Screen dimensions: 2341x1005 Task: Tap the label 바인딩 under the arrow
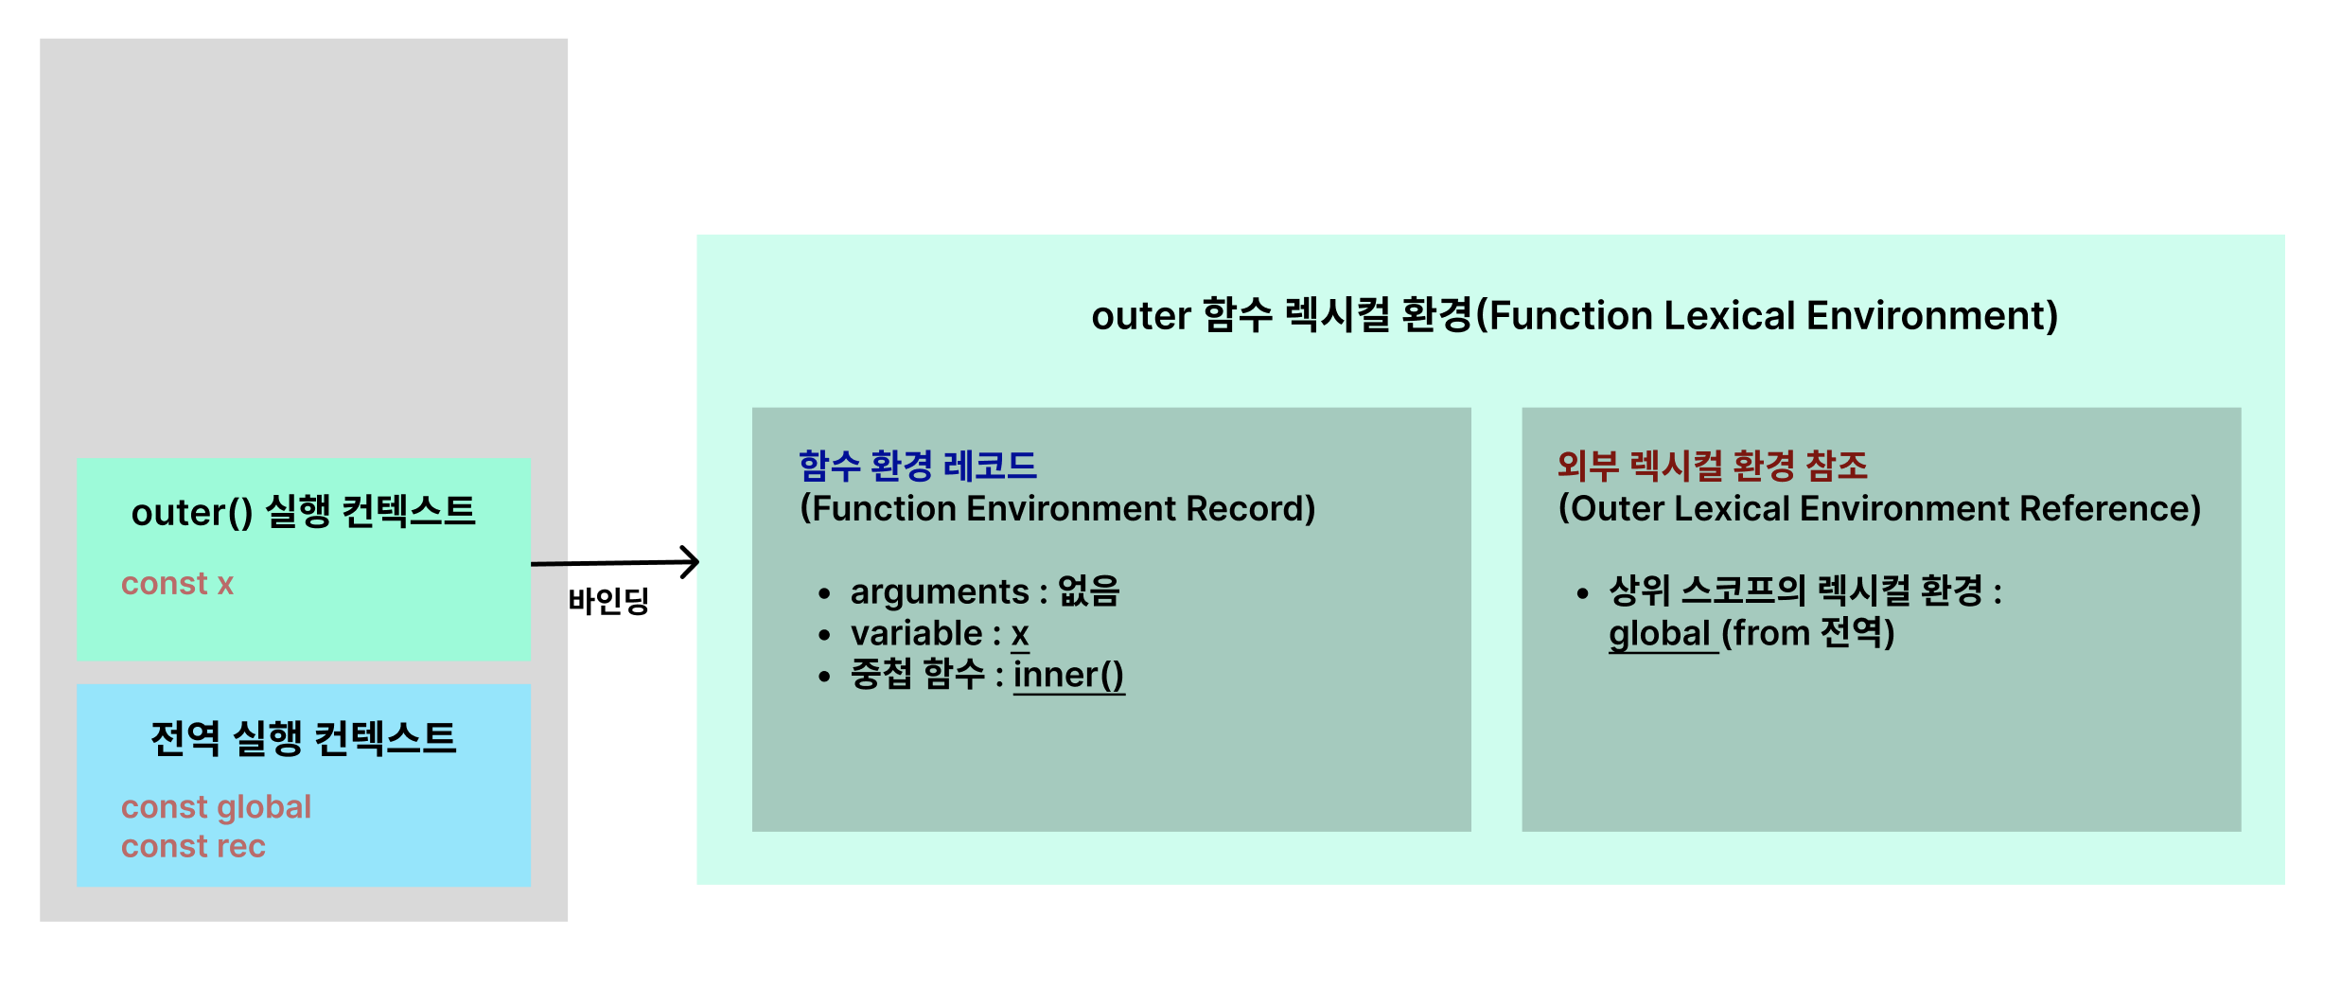pos(608,601)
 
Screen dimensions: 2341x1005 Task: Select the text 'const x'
pos(177,584)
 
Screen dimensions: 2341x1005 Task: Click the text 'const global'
pos(216,807)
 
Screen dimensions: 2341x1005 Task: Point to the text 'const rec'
pos(193,846)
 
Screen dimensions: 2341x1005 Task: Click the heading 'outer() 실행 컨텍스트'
pos(303,512)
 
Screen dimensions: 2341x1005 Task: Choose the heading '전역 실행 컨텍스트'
pos(303,738)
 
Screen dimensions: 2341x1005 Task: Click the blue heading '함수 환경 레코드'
pos(918,466)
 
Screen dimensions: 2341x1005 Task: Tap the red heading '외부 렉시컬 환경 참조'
pos(1713,466)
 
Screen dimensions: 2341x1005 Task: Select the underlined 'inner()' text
pos(1068,675)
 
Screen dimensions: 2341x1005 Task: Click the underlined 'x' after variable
pos(1020,633)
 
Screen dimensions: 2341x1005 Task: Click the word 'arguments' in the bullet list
pos(939,591)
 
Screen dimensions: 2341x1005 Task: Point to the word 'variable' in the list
pos(916,633)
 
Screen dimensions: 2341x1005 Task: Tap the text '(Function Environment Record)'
pos(1058,509)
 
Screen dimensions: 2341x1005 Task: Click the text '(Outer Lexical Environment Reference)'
pos(1879,509)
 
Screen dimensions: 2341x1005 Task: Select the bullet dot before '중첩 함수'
pos(825,677)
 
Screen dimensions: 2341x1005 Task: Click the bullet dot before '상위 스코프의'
pos(1582,593)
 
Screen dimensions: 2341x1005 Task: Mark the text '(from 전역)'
pos(1807,633)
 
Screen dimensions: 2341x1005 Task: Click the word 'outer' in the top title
pos(1141,316)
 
